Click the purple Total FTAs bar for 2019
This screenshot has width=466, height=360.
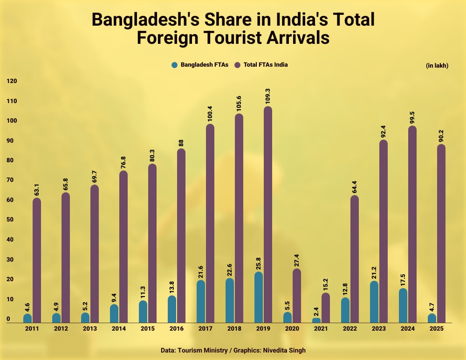click(267, 215)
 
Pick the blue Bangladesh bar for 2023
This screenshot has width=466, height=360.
click(374, 302)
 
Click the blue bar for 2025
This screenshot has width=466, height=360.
click(432, 318)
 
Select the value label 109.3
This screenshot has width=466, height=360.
click(267, 95)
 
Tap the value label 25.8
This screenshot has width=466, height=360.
click(259, 262)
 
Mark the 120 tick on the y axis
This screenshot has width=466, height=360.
click(12, 81)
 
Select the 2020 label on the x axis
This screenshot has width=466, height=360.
click(292, 329)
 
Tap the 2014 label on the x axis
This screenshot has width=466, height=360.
click(119, 329)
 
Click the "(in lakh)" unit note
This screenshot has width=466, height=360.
click(437, 66)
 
